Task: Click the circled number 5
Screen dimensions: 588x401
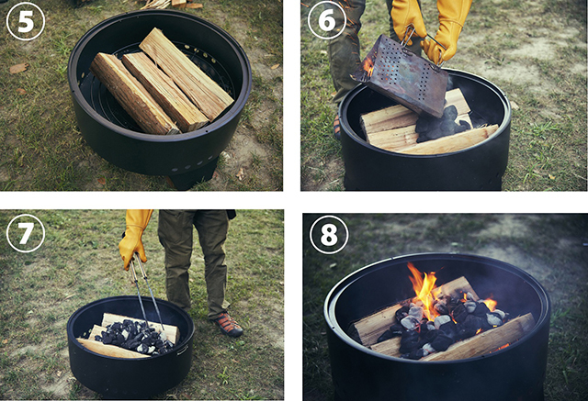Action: [26, 21]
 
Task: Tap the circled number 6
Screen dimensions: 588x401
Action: [327, 20]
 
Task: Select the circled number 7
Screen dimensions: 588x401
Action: [26, 233]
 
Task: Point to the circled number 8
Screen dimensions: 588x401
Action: [329, 235]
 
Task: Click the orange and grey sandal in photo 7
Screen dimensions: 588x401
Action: [228, 324]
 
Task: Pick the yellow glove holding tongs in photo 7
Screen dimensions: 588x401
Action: [134, 239]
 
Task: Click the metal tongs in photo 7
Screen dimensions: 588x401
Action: [147, 295]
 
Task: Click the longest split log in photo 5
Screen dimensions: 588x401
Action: [186, 72]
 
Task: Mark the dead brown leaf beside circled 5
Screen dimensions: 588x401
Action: [18, 68]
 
